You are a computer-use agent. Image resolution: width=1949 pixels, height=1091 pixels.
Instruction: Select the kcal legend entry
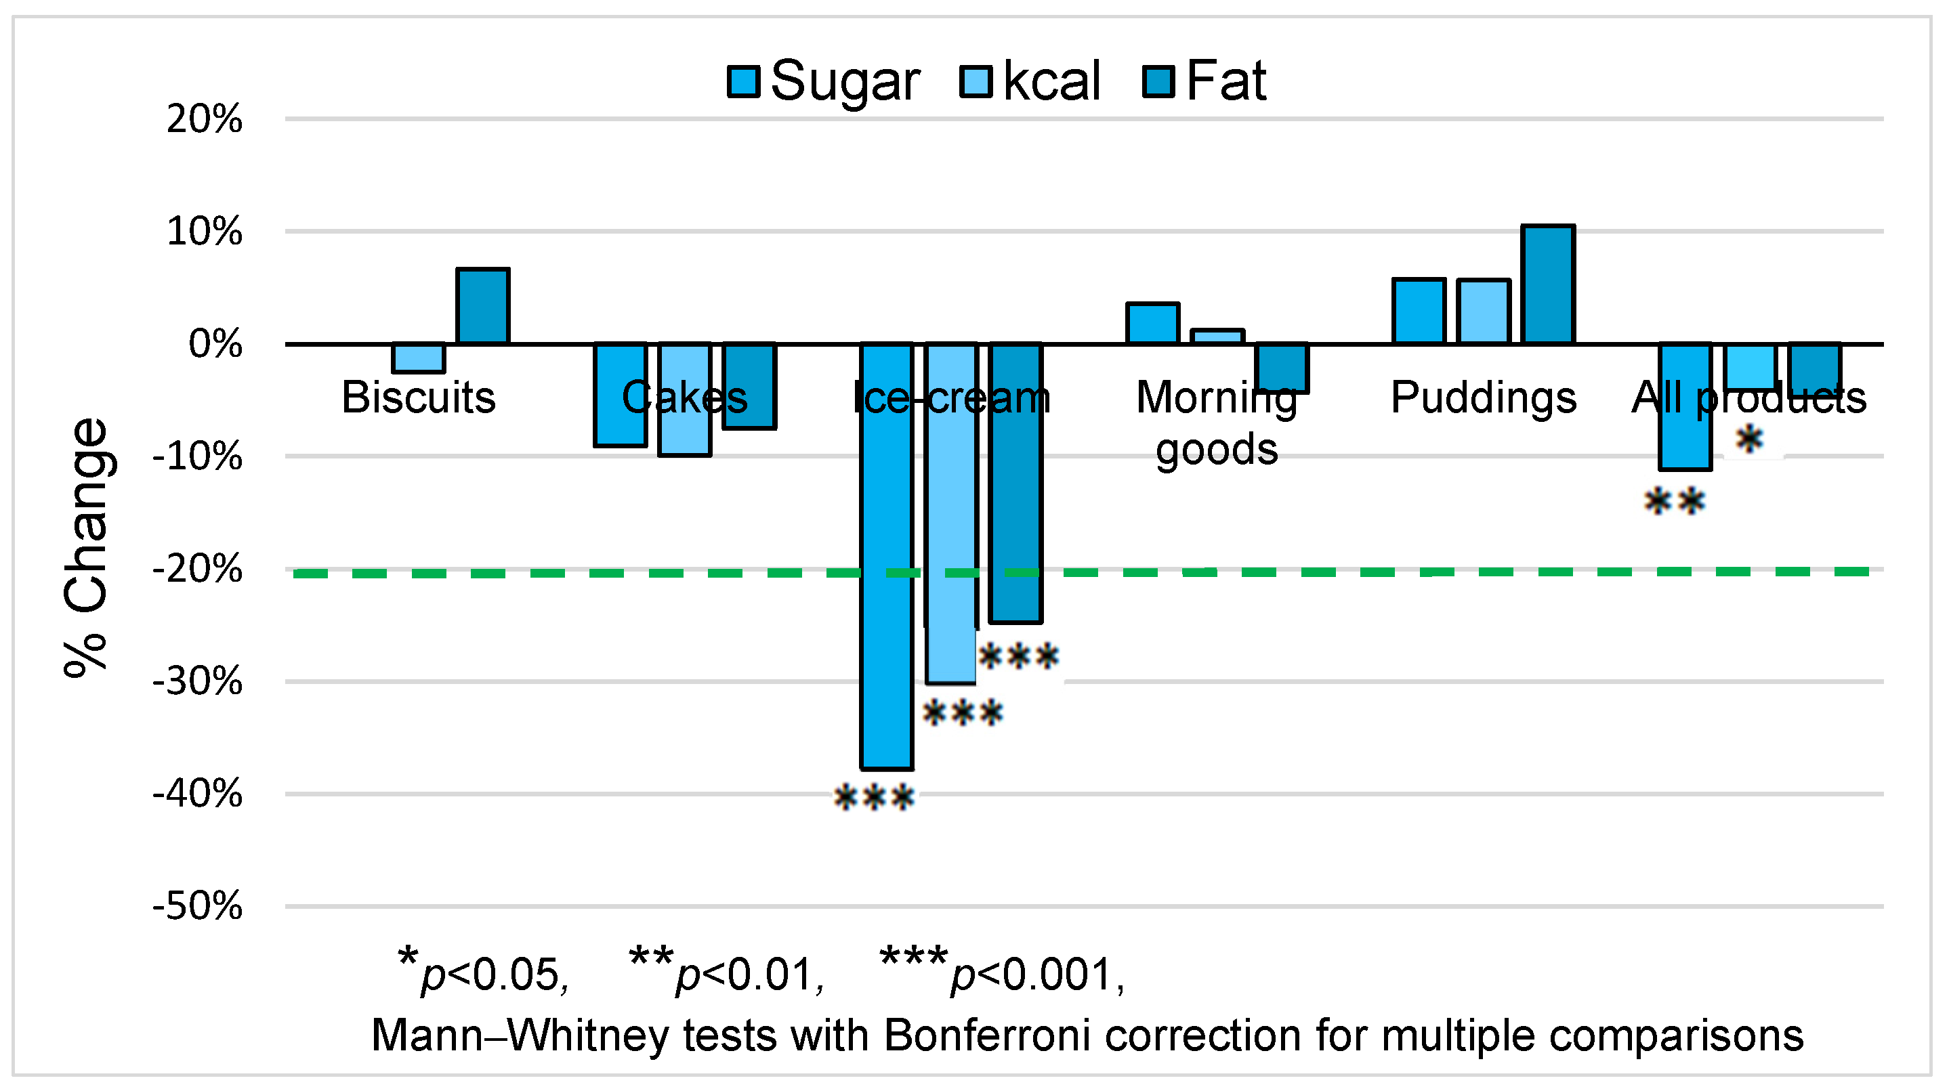point(1030,81)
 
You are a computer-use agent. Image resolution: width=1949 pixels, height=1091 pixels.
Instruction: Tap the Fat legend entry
point(1204,81)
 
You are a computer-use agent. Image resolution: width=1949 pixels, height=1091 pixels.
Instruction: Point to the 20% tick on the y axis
point(205,120)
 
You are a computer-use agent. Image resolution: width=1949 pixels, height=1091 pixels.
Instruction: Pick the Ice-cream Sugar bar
point(887,556)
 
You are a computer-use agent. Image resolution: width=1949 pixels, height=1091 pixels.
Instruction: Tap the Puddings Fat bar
point(1548,284)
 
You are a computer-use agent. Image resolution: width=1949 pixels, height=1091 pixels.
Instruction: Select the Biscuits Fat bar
point(483,306)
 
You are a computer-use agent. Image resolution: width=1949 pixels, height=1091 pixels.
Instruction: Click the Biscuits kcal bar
point(419,358)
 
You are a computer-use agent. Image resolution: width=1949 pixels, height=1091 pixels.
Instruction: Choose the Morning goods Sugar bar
point(1152,324)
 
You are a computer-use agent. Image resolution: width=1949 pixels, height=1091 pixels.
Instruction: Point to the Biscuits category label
point(419,398)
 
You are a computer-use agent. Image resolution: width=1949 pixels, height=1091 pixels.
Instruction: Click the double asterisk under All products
point(1675,502)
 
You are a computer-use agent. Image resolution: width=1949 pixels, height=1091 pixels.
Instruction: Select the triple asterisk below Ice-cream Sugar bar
point(874,798)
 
